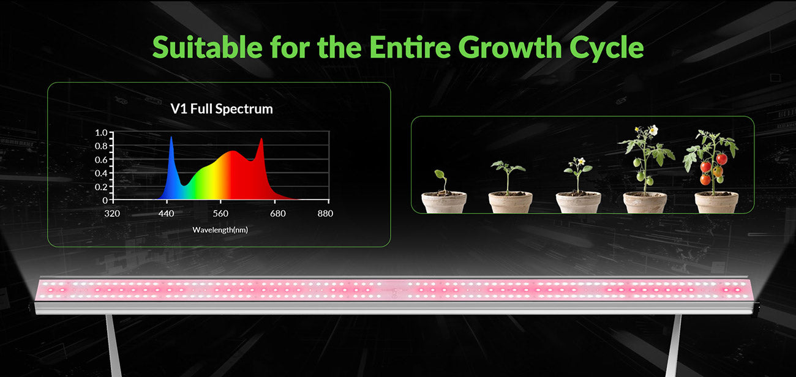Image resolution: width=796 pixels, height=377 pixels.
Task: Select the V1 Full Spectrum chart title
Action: point(222,110)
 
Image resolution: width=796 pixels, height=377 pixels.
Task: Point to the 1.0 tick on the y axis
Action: point(101,133)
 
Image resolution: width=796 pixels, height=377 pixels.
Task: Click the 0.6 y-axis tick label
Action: point(101,160)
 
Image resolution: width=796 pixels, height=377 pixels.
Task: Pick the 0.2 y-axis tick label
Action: point(101,187)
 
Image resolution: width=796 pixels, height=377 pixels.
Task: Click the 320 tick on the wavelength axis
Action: point(112,214)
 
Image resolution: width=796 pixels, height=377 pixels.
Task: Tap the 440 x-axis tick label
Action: point(166,214)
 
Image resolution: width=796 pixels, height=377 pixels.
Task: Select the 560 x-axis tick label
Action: point(220,214)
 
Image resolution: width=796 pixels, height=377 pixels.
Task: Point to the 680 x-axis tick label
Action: point(277,214)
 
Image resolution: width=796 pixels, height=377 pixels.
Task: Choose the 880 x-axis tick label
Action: point(325,214)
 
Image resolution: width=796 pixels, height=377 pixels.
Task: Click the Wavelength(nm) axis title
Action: point(220,230)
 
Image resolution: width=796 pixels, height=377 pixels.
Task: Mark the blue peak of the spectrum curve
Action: point(171,138)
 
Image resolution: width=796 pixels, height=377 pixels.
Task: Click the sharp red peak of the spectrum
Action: point(261,140)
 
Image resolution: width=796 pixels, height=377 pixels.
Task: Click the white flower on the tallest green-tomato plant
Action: point(653,130)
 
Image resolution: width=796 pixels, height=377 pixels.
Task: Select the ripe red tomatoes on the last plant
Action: point(710,168)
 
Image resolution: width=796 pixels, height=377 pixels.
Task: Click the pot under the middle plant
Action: point(578,203)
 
